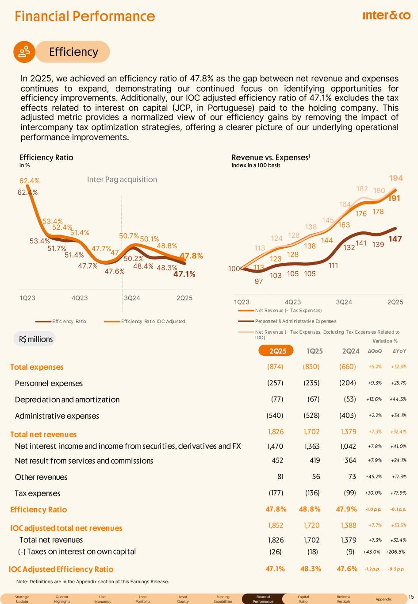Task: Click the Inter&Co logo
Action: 386,16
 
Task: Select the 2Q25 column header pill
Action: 278,351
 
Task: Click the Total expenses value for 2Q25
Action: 275,367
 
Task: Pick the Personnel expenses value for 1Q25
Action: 311,383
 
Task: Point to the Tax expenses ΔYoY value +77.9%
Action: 398,493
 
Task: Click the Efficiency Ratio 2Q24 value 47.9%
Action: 346,509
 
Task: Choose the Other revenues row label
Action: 41,477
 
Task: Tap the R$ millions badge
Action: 36,339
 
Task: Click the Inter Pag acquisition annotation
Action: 122,179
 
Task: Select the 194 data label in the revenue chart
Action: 396,178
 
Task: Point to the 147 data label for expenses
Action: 395,239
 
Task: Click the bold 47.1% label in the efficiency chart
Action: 184,274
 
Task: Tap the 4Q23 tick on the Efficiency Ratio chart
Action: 80,298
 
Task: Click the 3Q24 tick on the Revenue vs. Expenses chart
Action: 344,302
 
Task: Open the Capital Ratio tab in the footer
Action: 303,599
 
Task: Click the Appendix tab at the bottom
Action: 383,599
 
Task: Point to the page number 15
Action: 412,597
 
